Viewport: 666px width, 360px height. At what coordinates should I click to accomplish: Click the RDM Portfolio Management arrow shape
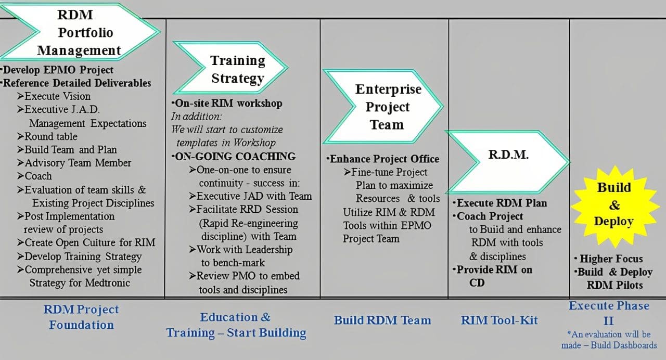[78, 33]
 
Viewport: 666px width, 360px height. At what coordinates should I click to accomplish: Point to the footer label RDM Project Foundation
[81, 317]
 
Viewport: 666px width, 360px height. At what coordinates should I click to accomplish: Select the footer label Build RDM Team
[382, 320]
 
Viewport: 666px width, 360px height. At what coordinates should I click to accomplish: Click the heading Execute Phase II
[609, 312]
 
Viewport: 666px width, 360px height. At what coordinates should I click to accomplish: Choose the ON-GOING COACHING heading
[235, 157]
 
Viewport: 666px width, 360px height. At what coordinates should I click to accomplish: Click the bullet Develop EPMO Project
[58, 70]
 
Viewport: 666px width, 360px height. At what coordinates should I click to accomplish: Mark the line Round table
[51, 136]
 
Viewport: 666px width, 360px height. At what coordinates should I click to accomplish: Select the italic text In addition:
[197, 117]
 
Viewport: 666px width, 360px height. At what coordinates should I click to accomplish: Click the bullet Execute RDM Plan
[502, 203]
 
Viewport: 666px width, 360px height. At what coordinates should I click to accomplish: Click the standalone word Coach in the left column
[38, 176]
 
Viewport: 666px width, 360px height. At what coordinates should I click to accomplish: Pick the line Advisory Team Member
[78, 163]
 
